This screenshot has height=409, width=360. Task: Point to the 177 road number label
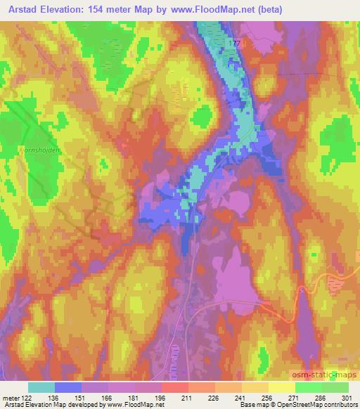[234, 44]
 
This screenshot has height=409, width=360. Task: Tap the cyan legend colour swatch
[41, 387]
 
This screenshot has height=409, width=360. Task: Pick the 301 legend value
[347, 397]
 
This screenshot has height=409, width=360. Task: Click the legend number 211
[188, 397]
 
